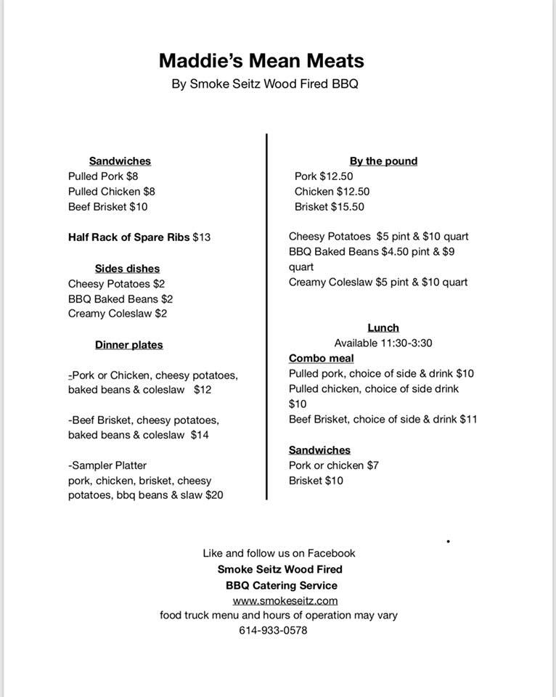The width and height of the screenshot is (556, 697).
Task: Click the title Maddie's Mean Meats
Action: coord(261,60)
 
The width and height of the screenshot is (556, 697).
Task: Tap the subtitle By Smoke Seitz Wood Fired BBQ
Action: coord(265,84)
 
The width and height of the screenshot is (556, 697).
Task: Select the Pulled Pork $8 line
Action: coord(103,176)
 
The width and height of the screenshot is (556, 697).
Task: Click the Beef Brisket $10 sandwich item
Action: coord(107,207)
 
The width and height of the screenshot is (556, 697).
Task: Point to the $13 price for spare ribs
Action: coord(202,237)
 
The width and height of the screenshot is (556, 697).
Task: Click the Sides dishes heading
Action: coord(127,269)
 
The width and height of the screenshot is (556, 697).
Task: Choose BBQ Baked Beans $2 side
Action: coord(120,299)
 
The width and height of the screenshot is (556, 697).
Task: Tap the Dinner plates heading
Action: coord(128,345)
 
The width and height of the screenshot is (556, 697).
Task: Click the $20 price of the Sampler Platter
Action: coord(214,495)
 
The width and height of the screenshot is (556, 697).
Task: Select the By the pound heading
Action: coord(383,161)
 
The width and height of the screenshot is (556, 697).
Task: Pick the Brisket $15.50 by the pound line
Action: coord(329,207)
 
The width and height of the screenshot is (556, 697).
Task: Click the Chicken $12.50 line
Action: coord(332,192)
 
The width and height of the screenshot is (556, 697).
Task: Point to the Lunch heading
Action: coord(383,328)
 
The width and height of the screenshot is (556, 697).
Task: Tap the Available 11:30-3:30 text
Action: coord(383,343)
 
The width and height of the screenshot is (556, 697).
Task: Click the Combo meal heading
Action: coord(321,359)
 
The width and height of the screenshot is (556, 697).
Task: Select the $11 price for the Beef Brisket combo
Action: coord(468,420)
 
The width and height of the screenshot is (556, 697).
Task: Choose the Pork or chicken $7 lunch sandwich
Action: coord(333,465)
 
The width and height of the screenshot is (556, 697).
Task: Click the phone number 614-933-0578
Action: coord(273,630)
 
